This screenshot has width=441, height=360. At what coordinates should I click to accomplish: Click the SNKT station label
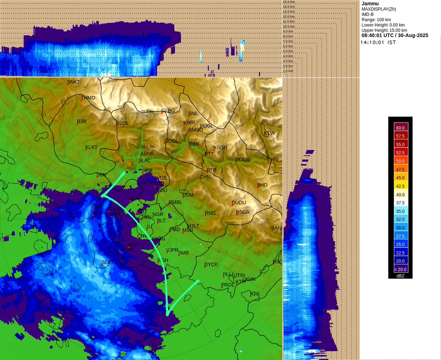click(73, 81)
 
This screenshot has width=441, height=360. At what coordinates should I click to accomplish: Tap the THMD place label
click(88, 98)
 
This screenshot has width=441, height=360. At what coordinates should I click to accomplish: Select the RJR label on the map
click(82, 121)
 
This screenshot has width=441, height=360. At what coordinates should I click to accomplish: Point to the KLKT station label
click(92, 147)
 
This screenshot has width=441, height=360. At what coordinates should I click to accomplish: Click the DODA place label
click(243, 160)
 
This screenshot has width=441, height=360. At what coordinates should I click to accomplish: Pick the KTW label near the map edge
click(269, 133)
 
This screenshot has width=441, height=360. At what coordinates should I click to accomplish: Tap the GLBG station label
click(168, 110)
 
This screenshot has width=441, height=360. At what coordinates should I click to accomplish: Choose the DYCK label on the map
click(211, 264)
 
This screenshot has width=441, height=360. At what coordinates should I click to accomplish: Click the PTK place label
click(255, 293)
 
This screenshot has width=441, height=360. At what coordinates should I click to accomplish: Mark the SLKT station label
click(108, 262)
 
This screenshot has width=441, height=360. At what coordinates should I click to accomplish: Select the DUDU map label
click(239, 203)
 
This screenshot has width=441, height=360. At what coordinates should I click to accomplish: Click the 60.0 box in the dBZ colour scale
click(400, 128)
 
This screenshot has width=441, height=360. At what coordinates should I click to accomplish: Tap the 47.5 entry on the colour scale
click(400, 169)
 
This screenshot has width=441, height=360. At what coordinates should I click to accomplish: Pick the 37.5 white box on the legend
click(400, 203)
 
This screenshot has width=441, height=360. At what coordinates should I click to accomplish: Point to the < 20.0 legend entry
click(400, 269)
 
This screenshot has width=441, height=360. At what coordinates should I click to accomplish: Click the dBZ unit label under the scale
click(400, 275)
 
